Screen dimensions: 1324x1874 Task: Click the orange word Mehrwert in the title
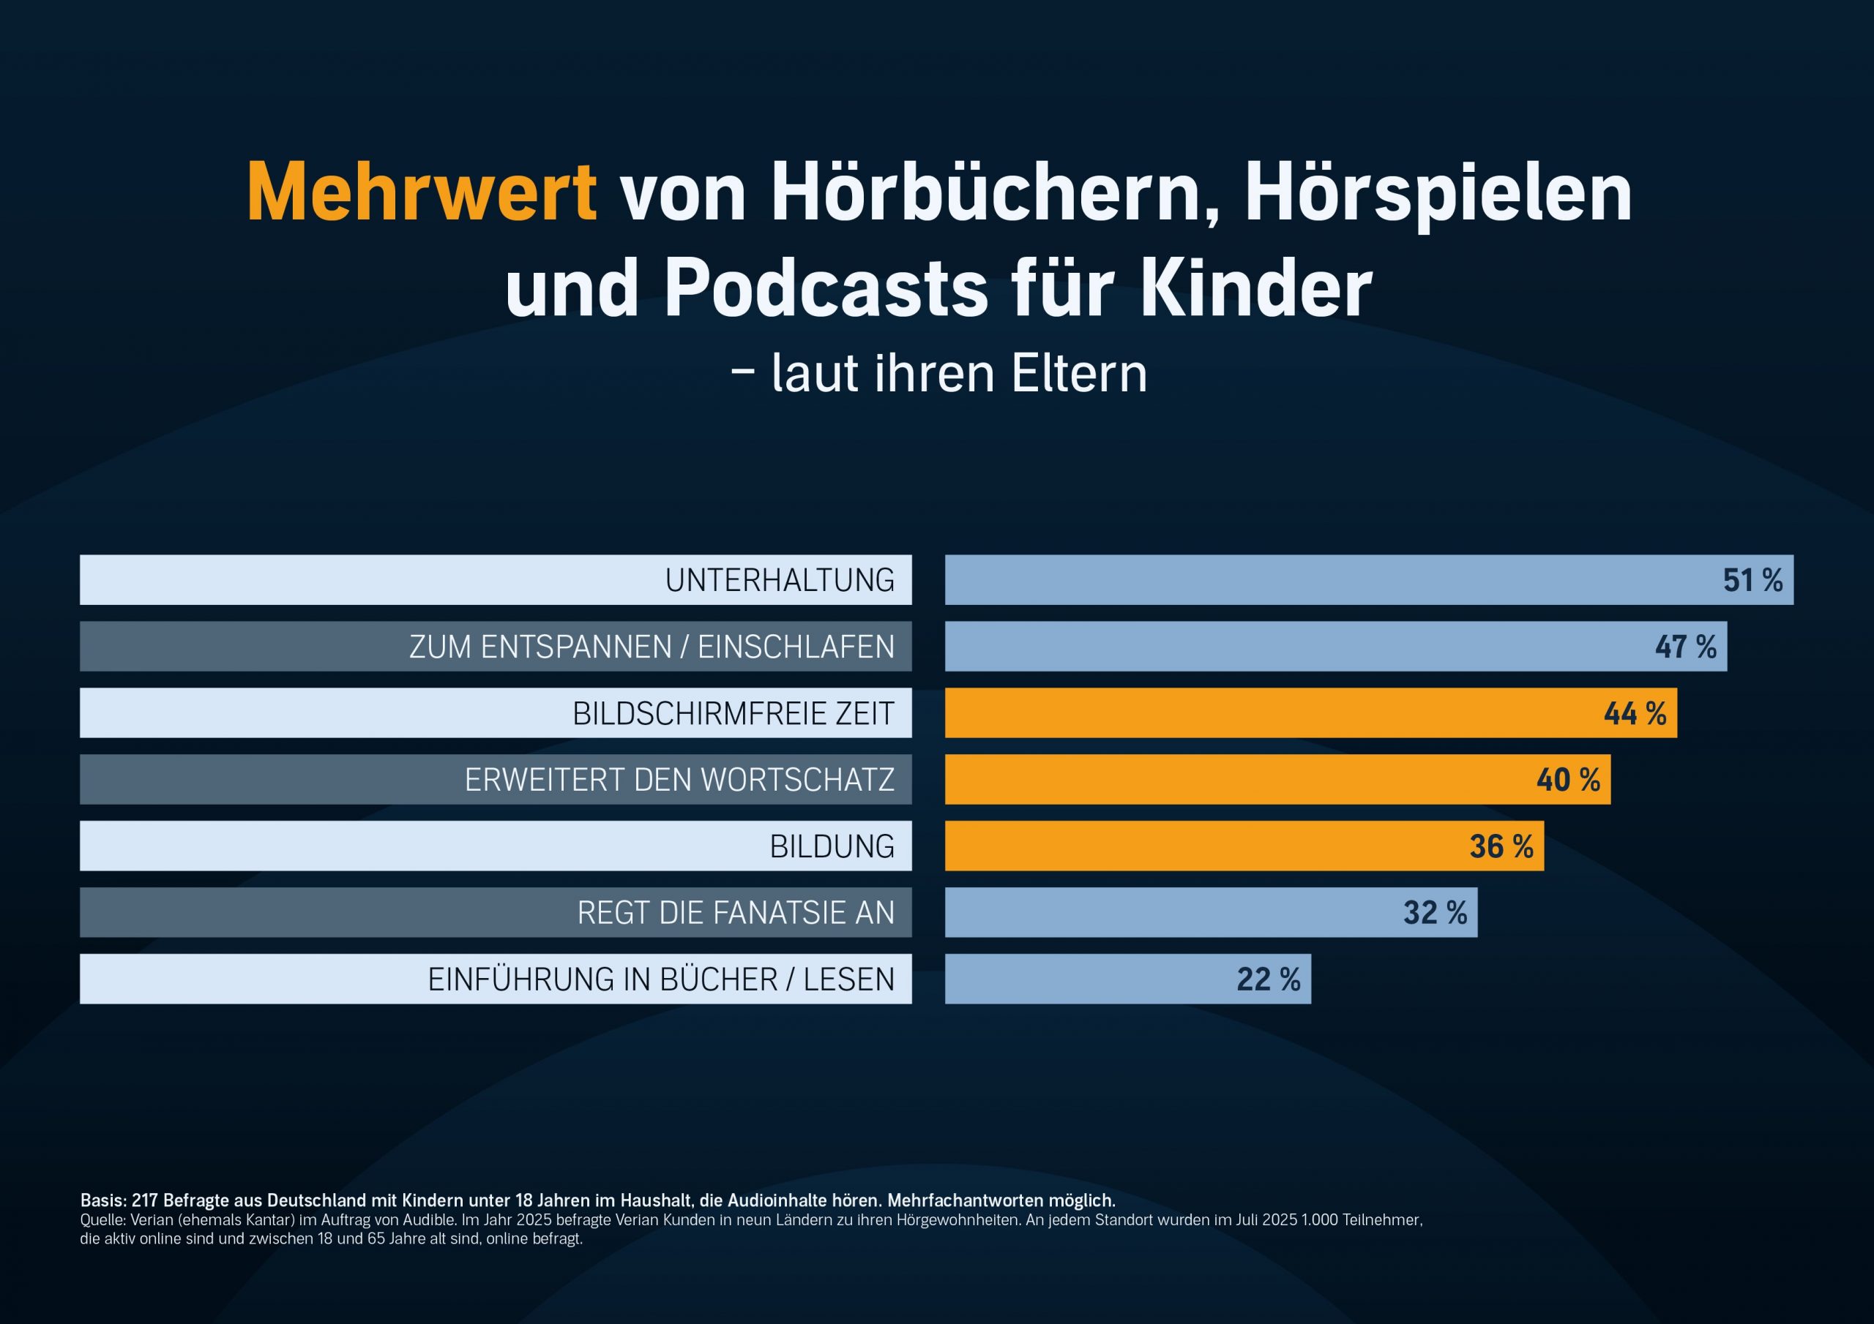tap(421, 192)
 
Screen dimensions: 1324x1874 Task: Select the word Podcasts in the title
tap(826, 288)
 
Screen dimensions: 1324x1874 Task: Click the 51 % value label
tap(1752, 580)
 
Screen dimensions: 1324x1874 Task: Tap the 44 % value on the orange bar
tap(1635, 713)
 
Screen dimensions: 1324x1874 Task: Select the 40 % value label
tap(1568, 780)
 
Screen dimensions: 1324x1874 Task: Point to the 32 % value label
tap(1435, 913)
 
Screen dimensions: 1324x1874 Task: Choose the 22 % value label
tap(1269, 979)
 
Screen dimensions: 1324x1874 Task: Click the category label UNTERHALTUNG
tap(780, 580)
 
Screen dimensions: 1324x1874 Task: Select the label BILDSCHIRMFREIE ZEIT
tap(733, 713)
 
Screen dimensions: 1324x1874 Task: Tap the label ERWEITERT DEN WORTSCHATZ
tap(679, 780)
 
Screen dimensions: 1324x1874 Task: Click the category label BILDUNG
tap(832, 846)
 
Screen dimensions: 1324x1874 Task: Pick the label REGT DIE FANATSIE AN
tap(736, 913)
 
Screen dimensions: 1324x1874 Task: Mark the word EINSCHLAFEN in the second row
tap(796, 647)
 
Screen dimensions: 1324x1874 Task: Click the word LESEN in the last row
tap(849, 979)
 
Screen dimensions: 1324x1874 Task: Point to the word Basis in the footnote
tap(102, 1200)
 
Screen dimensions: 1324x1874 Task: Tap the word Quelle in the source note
tap(102, 1220)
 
